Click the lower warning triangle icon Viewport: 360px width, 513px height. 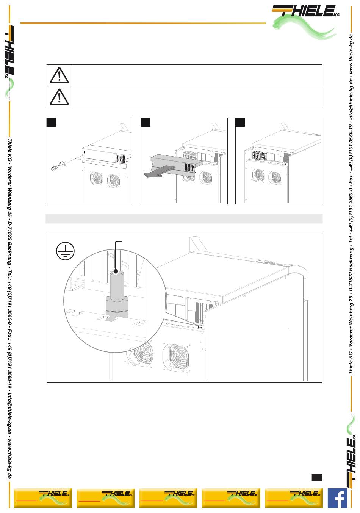pyautogui.click(x=59, y=96)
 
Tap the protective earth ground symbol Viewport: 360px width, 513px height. pyautogui.click(x=66, y=251)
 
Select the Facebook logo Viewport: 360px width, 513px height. pyautogui.click(x=337, y=498)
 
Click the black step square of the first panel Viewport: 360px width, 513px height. pyautogui.click(x=52, y=122)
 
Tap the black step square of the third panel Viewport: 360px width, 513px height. pyautogui.click(x=240, y=122)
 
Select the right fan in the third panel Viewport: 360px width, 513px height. pyautogui.click(x=275, y=177)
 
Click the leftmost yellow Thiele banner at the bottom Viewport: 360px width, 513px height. pyautogui.click(x=43, y=498)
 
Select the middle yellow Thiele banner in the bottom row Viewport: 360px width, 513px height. pyautogui.click(x=168, y=498)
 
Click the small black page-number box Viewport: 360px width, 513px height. pyautogui.click(x=317, y=477)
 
